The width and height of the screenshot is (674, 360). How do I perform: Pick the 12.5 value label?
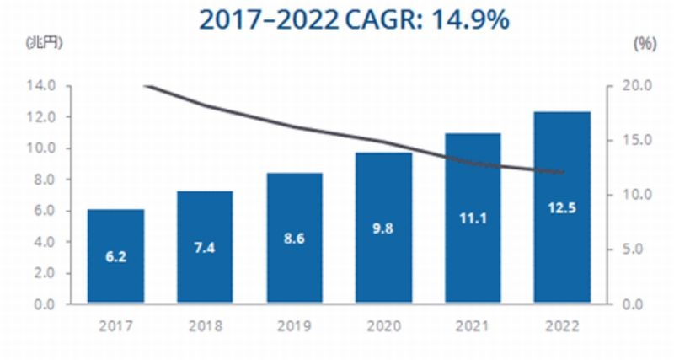[562, 207]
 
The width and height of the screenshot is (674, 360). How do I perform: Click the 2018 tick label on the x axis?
[205, 324]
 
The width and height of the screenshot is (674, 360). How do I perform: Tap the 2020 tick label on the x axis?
[383, 324]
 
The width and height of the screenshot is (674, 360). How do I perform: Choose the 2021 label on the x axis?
[473, 324]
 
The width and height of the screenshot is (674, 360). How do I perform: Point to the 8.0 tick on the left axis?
[42, 180]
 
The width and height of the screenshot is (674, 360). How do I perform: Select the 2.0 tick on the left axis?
[42, 273]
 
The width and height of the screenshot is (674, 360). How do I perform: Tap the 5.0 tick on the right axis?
[636, 250]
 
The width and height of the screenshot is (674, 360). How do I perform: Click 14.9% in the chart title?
[470, 19]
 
